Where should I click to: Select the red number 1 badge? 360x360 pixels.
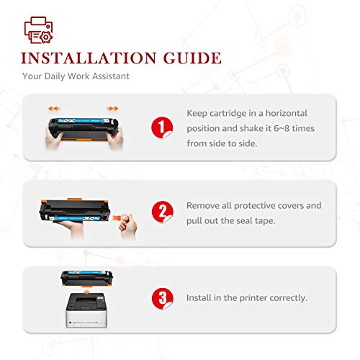161,127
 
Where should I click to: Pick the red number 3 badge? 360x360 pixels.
161,297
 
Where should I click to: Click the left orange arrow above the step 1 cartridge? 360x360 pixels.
55,108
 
